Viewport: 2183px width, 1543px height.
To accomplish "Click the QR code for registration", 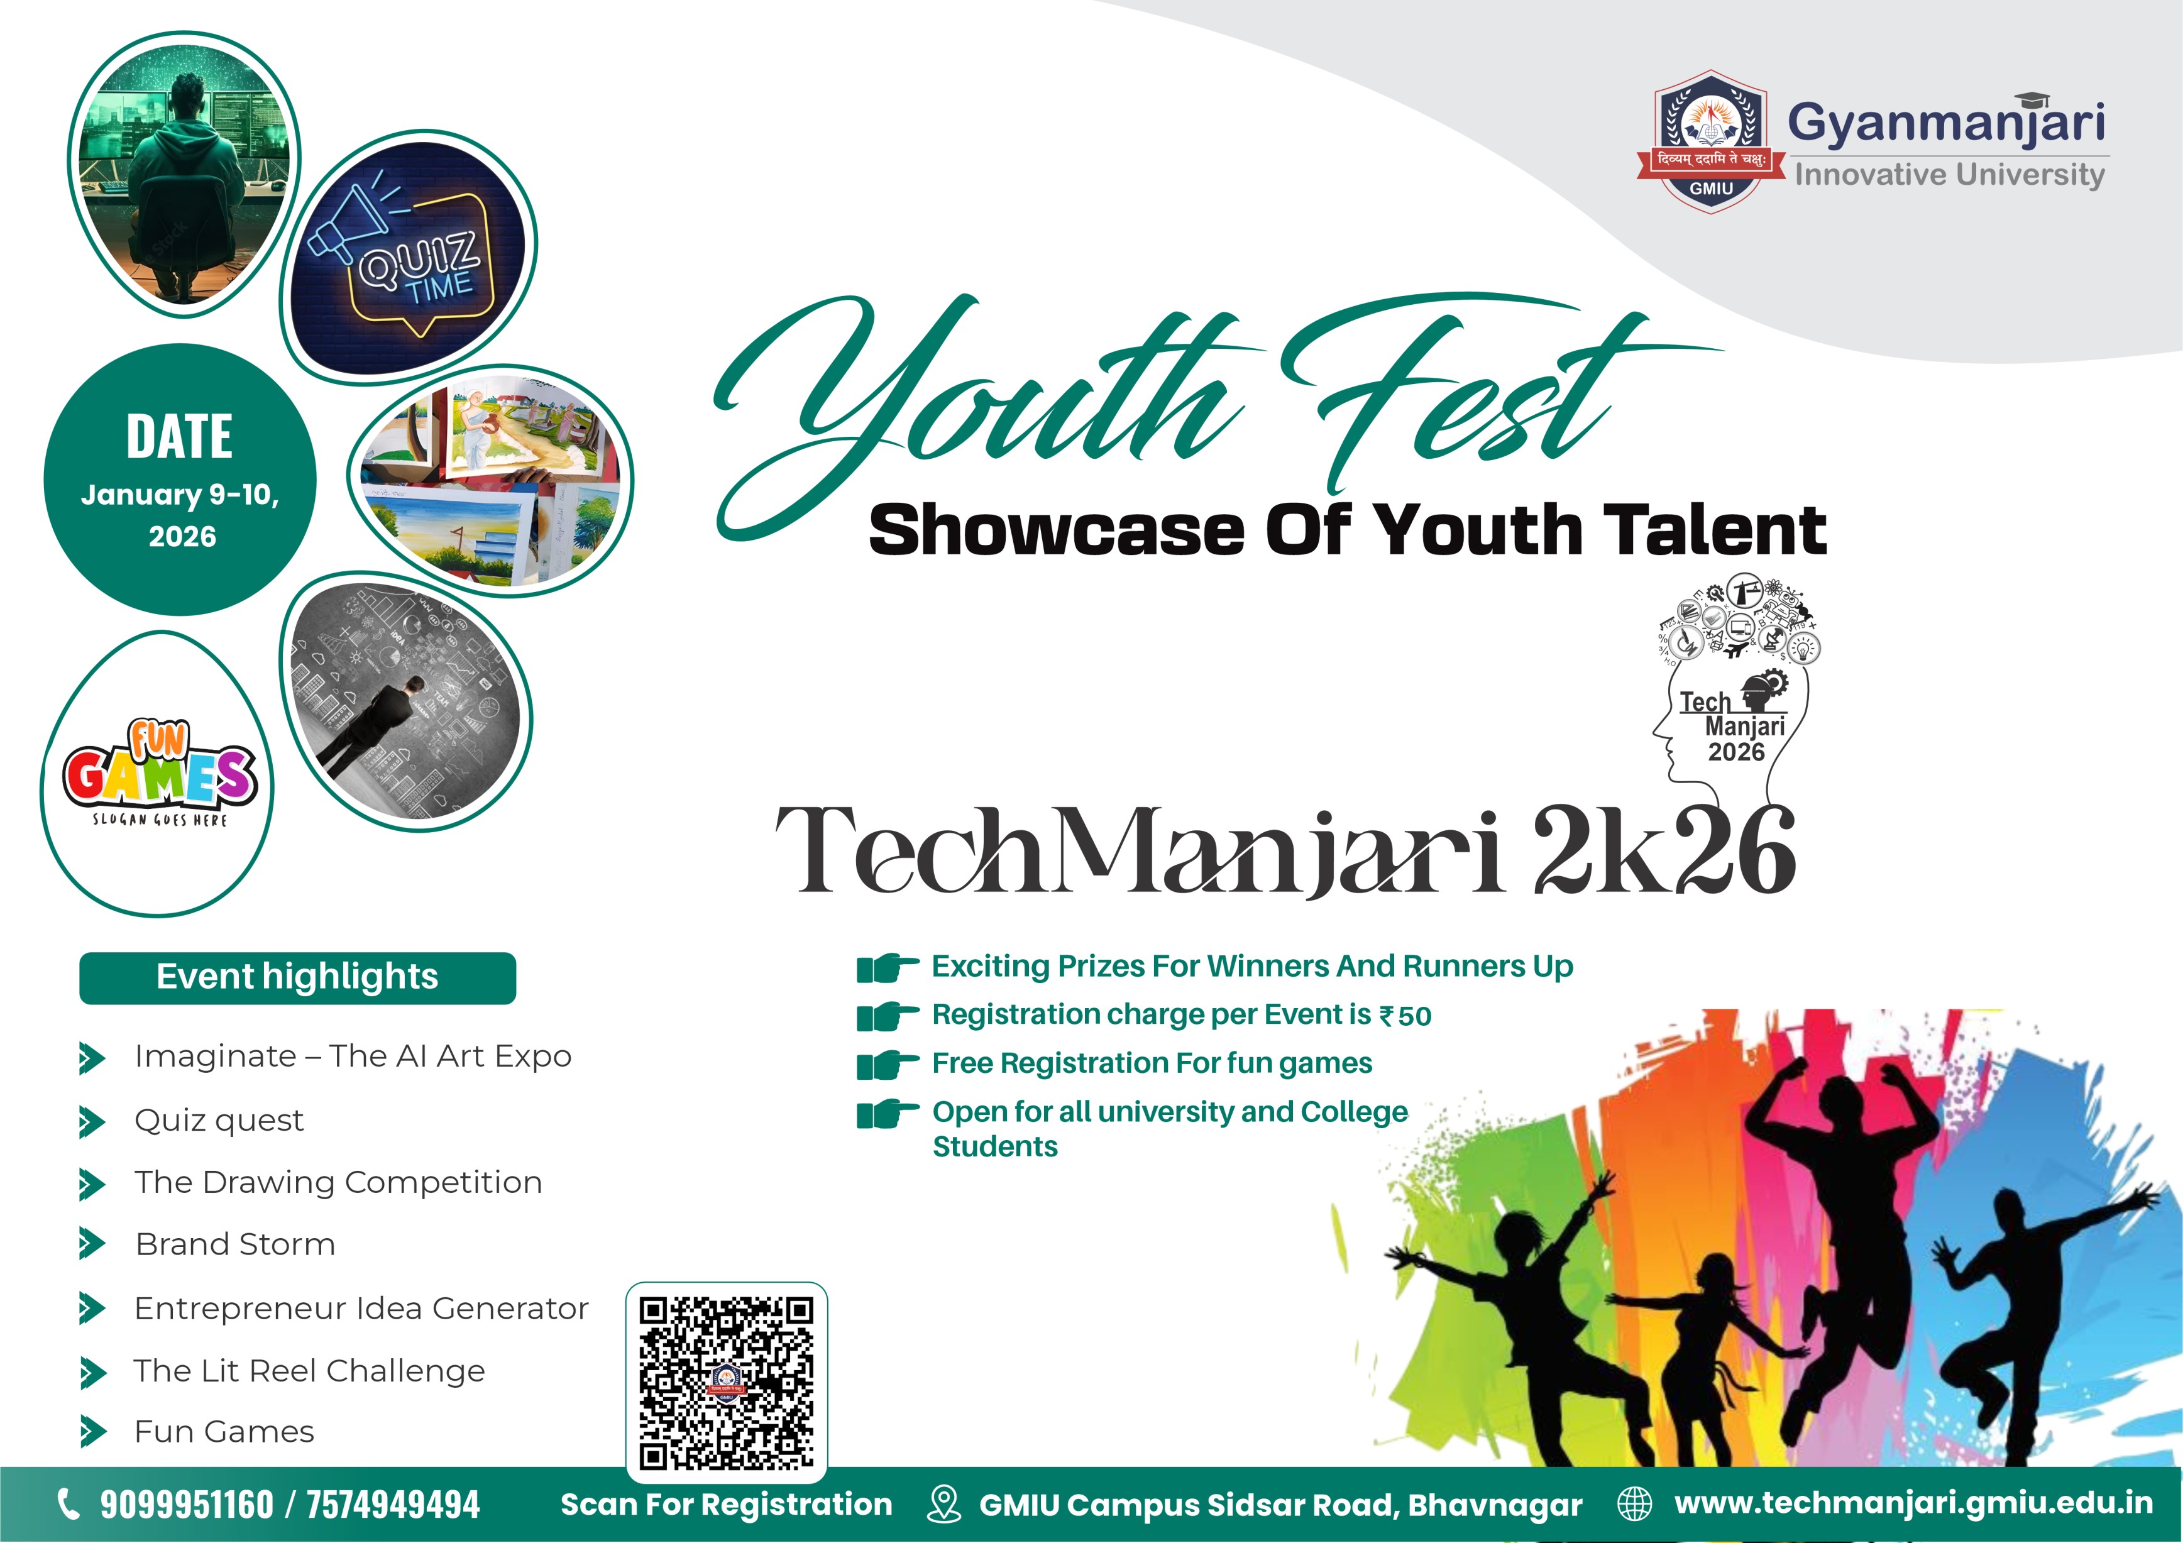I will pos(725,1382).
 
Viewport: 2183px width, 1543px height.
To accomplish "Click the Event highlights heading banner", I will pos(297,977).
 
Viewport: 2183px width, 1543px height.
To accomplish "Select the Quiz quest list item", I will pos(219,1120).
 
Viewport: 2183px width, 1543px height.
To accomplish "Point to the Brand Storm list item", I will pos(235,1244).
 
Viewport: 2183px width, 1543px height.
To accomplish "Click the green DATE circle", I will pos(180,480).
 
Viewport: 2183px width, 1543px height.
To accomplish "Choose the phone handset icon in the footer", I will pos(69,1504).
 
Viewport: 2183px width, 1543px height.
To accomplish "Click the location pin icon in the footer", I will pos(943,1504).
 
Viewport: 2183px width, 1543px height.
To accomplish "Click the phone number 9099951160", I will pos(186,1505).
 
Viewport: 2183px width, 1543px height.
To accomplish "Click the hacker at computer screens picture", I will pos(182,169).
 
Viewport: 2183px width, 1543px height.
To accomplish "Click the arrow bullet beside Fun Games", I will pos(92,1431).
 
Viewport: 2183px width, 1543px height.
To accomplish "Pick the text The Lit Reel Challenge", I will pos(309,1371).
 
